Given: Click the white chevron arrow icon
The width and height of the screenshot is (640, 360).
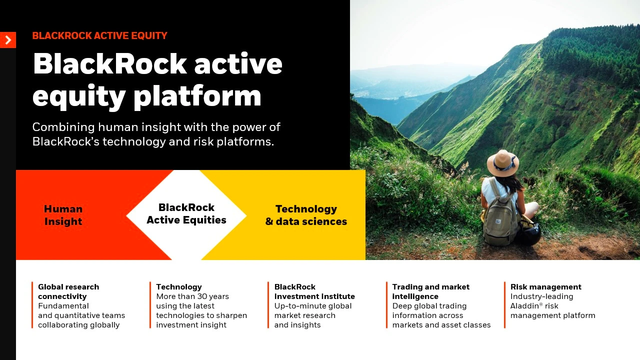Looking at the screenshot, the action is point(8,39).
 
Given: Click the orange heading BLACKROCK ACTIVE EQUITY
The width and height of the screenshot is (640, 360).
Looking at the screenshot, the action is point(99,35).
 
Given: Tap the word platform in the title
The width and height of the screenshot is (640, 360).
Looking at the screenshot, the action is point(197,96).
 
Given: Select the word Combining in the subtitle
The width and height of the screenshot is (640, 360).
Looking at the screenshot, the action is point(63,127).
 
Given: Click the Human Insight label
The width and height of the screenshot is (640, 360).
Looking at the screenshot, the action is point(63,215).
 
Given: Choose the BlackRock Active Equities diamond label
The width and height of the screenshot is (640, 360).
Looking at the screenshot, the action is point(186,213).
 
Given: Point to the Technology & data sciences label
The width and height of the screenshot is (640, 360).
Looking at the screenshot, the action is point(306,215).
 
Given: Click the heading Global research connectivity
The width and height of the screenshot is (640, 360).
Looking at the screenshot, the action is point(68,291).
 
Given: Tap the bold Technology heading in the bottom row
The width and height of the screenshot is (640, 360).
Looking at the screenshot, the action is point(179,287).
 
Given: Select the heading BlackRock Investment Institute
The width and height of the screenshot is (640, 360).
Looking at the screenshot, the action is point(314,291).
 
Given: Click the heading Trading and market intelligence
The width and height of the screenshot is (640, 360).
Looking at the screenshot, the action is point(431,291).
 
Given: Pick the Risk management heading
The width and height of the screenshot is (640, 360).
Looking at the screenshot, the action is point(545,287).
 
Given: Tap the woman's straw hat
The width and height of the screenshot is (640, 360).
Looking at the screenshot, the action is point(502,163).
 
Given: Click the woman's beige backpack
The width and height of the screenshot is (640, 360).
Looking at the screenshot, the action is point(499,219).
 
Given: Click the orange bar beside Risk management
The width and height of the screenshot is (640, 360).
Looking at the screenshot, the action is point(505,305).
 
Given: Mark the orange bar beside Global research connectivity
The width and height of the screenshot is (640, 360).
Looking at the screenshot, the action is point(32,305).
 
